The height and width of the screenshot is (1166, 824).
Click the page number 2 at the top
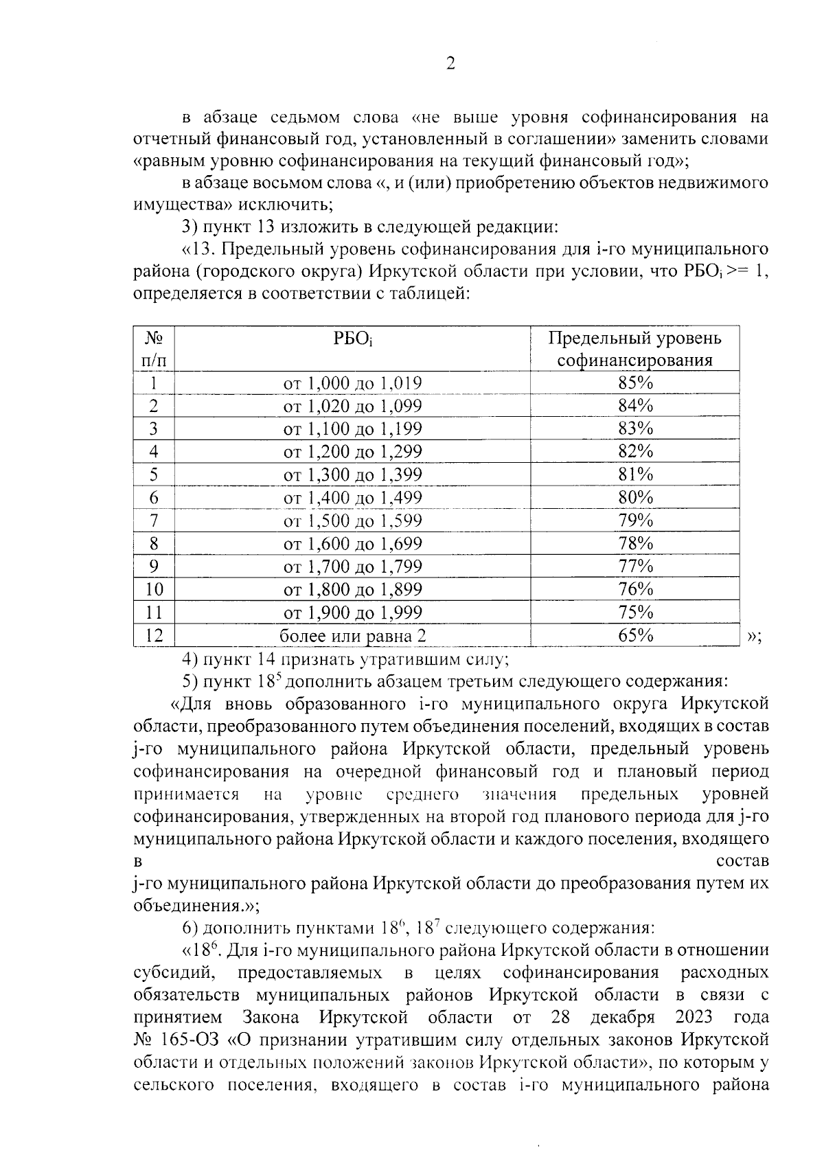[x=450, y=65]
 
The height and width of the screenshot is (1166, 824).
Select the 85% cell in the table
[x=635, y=382]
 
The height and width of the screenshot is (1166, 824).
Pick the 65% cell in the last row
[x=635, y=635]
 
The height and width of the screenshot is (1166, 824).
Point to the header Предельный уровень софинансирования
[x=635, y=350]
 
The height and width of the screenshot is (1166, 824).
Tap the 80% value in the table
[x=635, y=497]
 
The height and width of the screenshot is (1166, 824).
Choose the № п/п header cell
[x=154, y=350]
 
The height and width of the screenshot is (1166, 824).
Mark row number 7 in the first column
[x=154, y=521]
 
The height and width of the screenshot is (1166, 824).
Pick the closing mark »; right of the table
[x=753, y=637]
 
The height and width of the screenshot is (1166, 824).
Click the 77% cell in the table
[x=635, y=567]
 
